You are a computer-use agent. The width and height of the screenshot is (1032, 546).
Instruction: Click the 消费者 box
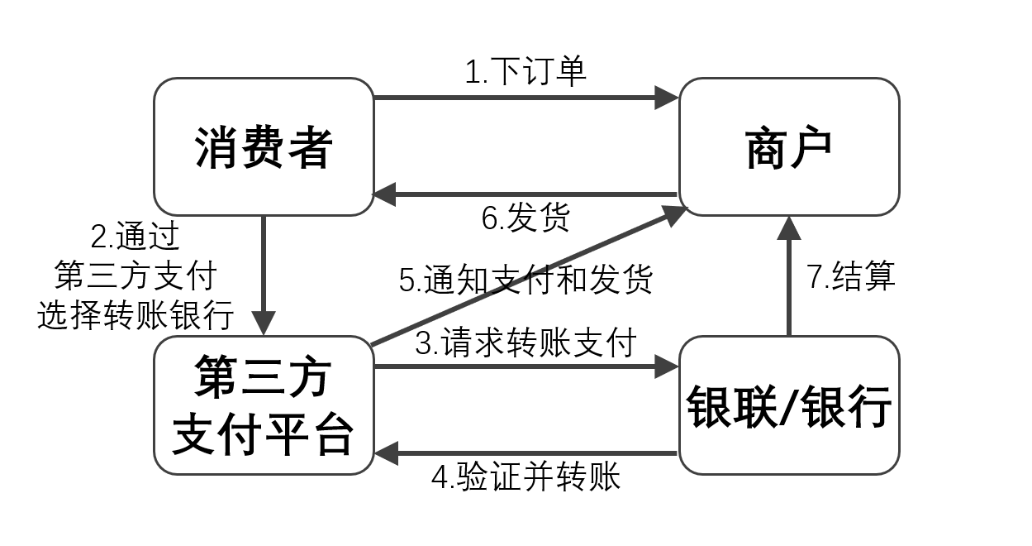click(264, 147)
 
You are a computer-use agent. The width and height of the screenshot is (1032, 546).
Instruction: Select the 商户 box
click(788, 147)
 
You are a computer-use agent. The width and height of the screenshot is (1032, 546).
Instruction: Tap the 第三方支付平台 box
click(264, 405)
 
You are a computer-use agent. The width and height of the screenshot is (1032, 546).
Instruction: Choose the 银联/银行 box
click(788, 405)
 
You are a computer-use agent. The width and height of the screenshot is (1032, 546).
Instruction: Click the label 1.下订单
click(526, 72)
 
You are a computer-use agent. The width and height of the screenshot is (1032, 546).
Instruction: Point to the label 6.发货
click(526, 218)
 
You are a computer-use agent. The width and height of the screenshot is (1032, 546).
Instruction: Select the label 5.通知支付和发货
click(526, 279)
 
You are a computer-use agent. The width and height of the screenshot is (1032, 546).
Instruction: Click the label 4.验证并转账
click(526, 477)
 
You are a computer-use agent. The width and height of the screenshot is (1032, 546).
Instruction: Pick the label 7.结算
click(851, 276)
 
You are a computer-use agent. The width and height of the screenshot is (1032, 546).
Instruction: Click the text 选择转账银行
click(136, 315)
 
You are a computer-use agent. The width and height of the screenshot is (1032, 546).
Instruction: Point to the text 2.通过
click(136, 237)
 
